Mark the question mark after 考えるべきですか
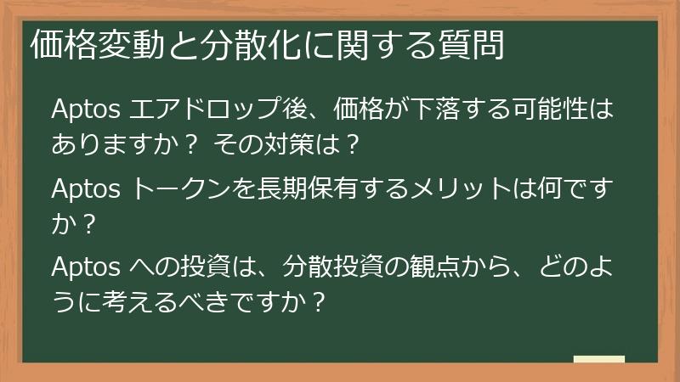point(318,301)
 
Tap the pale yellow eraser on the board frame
point(599,360)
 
